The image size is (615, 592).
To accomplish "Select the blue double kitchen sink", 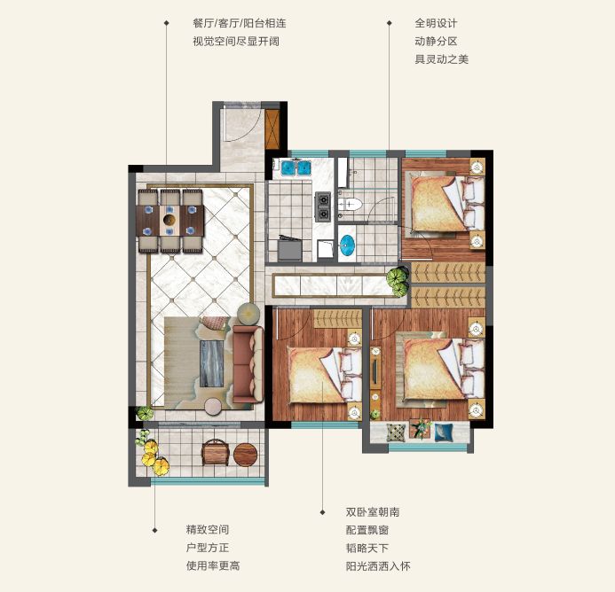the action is pyautogui.click(x=296, y=167).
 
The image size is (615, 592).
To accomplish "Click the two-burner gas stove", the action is pyautogui.click(x=323, y=206).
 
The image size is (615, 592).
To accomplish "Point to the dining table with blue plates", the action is pyautogui.click(x=170, y=220).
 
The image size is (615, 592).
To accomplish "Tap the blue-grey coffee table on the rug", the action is pyautogui.click(x=212, y=363).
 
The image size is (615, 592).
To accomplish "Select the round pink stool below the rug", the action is pyautogui.click(x=215, y=407).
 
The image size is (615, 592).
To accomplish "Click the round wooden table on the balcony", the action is pyautogui.click(x=246, y=455).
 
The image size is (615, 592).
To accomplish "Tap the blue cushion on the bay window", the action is pyautogui.click(x=444, y=432).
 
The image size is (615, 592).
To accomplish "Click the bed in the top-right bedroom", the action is pyautogui.click(x=445, y=203).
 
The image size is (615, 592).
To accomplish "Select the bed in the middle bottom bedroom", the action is pyautogui.click(x=325, y=375).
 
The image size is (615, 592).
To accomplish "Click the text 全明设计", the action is pyautogui.click(x=436, y=23).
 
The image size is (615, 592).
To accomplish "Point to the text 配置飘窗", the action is pyautogui.click(x=367, y=530).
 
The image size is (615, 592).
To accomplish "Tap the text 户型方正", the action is pyautogui.click(x=208, y=548).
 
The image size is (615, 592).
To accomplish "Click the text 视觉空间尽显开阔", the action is pyautogui.click(x=236, y=41).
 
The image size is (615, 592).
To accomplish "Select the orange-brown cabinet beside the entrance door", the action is pyautogui.click(x=272, y=129).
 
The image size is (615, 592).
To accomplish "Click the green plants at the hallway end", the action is pyautogui.click(x=398, y=281).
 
